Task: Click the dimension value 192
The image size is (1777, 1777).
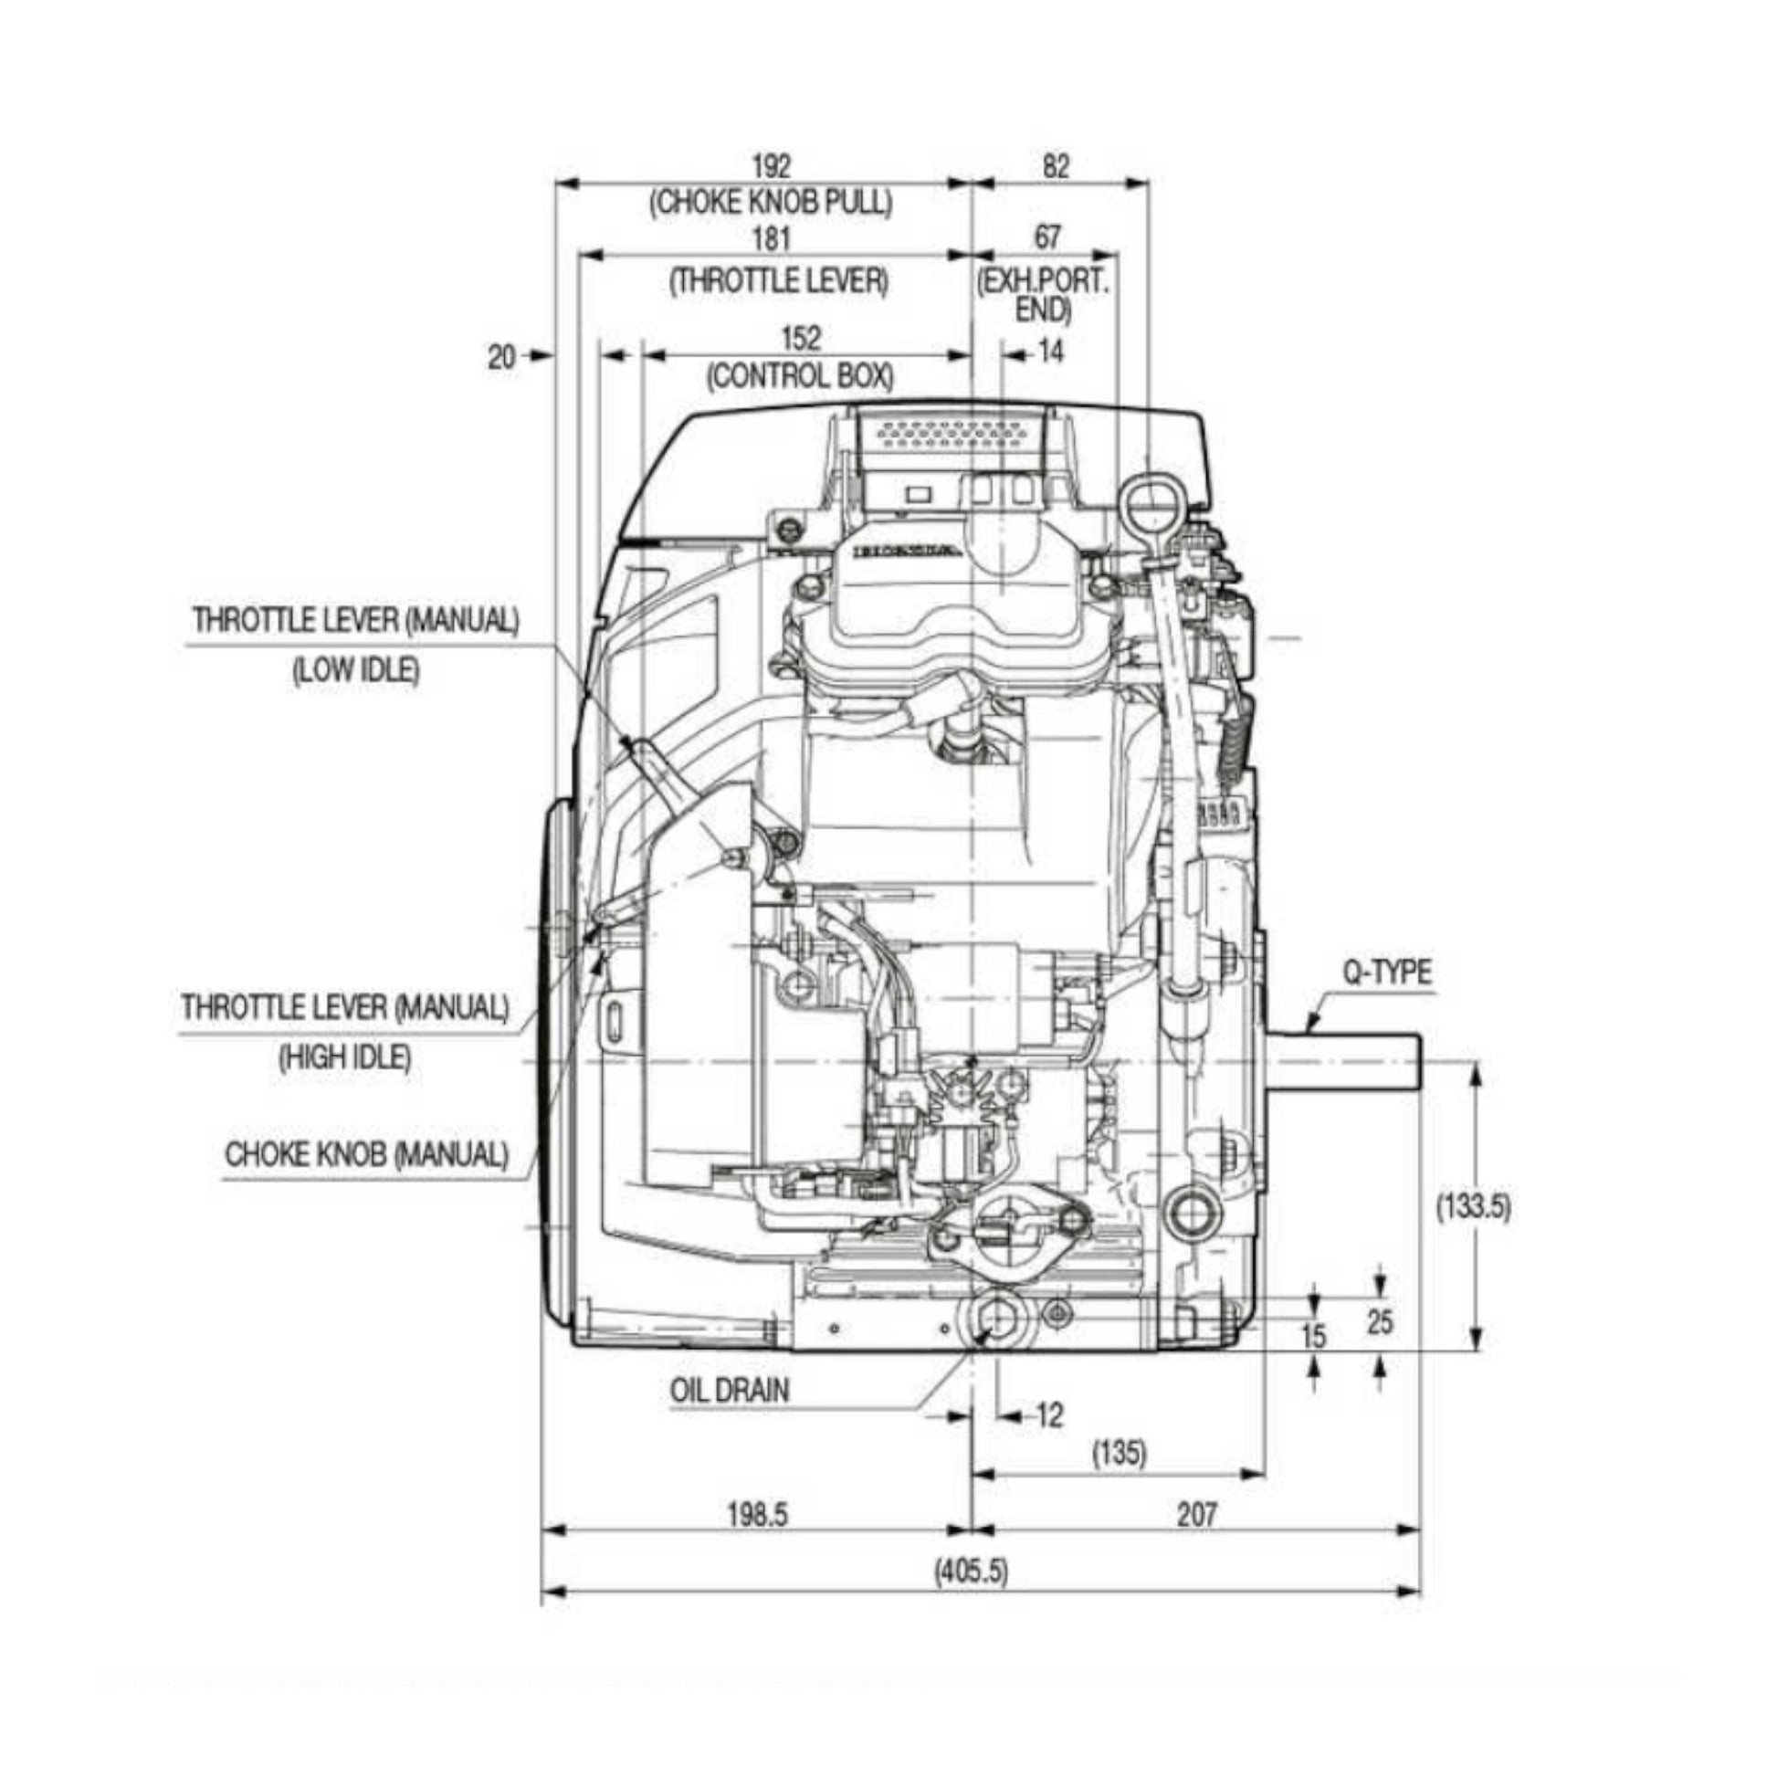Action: (x=771, y=166)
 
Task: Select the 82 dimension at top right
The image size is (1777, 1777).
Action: (x=1057, y=166)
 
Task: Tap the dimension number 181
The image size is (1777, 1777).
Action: (x=771, y=239)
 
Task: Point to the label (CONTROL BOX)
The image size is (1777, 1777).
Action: (x=799, y=376)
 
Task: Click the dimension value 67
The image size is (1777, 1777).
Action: (x=1047, y=237)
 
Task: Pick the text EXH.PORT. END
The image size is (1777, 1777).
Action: (x=1043, y=295)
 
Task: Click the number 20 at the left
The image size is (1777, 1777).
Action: (x=501, y=357)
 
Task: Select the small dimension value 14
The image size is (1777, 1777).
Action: (x=1050, y=352)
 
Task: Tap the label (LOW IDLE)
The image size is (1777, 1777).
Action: (x=356, y=670)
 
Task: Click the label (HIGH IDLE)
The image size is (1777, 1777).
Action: (x=345, y=1057)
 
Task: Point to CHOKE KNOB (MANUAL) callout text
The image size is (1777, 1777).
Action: (x=366, y=1154)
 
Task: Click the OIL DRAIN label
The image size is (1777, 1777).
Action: (x=730, y=1390)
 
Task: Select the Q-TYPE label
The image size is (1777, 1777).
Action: (x=1387, y=973)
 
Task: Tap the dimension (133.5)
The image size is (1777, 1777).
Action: (x=1474, y=1205)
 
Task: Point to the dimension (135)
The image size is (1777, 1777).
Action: (x=1120, y=1453)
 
